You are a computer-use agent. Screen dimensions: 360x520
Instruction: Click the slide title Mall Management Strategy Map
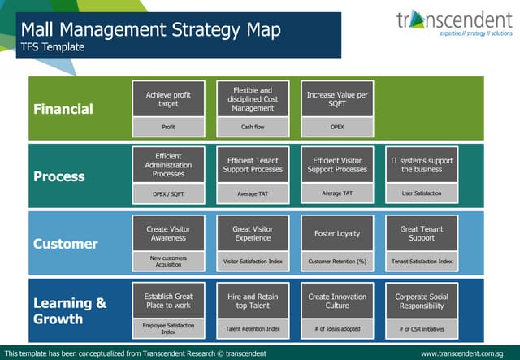pos(151,31)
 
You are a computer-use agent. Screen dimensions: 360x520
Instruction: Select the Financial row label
pos(63,109)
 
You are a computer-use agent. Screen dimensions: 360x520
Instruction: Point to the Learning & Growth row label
pos(70,310)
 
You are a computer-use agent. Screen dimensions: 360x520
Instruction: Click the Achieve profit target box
pos(168,99)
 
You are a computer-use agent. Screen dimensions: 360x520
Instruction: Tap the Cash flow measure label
pos(253,127)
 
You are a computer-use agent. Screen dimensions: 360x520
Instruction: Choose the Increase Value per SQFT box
pos(337,99)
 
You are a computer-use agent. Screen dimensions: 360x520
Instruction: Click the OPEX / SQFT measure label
pos(168,194)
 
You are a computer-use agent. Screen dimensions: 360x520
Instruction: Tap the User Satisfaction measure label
pos(422,194)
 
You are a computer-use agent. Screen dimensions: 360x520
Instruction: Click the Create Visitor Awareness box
pos(168,233)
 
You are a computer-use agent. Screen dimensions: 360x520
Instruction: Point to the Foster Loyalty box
pos(337,233)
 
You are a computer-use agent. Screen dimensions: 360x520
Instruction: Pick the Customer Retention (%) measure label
pos(337,262)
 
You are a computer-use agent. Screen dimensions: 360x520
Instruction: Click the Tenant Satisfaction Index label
pos(422,262)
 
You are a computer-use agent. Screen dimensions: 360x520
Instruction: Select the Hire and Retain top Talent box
pos(253,301)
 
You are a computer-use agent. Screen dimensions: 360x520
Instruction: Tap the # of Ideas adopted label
pos(337,329)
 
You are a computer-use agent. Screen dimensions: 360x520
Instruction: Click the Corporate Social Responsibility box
pos(422,301)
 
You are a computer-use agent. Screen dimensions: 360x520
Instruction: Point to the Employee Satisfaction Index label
pos(168,328)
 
